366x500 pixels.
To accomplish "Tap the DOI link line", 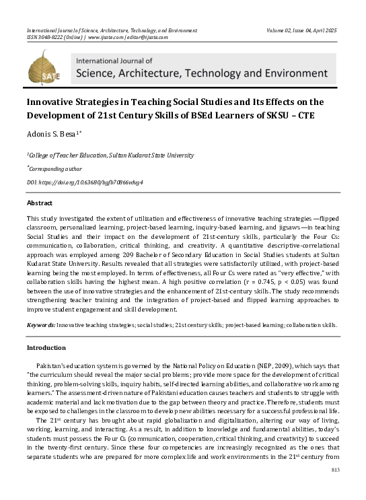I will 85,182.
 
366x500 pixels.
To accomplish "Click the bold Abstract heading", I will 40,203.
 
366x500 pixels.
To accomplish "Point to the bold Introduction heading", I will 46,347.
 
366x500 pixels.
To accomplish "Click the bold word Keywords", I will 40,324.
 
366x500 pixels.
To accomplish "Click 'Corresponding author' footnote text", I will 54,169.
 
